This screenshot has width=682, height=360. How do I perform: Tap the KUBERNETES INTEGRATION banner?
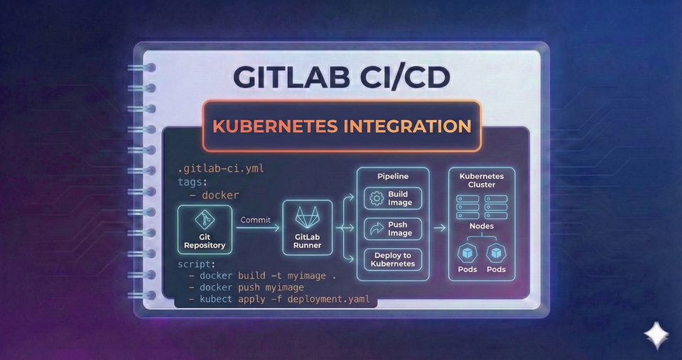[x=342, y=127]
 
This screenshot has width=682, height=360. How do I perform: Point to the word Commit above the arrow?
[x=256, y=220]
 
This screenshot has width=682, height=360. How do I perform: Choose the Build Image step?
[x=393, y=199]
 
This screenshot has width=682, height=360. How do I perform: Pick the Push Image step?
[x=393, y=229]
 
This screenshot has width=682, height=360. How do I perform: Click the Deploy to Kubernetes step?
[x=393, y=259]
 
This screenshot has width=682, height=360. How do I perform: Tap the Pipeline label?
[x=393, y=175]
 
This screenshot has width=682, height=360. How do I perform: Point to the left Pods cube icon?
[x=468, y=253]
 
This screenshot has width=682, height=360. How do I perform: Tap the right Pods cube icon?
[x=497, y=253]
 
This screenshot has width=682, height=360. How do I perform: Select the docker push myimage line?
[x=246, y=287]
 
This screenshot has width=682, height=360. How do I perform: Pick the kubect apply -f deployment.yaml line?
[x=279, y=300]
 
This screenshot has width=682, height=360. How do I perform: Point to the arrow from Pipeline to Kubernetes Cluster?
[x=438, y=228]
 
